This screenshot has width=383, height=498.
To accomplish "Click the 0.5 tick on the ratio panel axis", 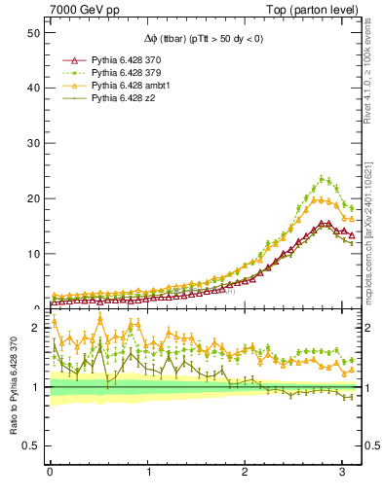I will [30, 445].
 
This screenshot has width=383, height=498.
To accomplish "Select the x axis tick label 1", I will [148, 475].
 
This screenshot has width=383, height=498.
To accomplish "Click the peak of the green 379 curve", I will [323, 178].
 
